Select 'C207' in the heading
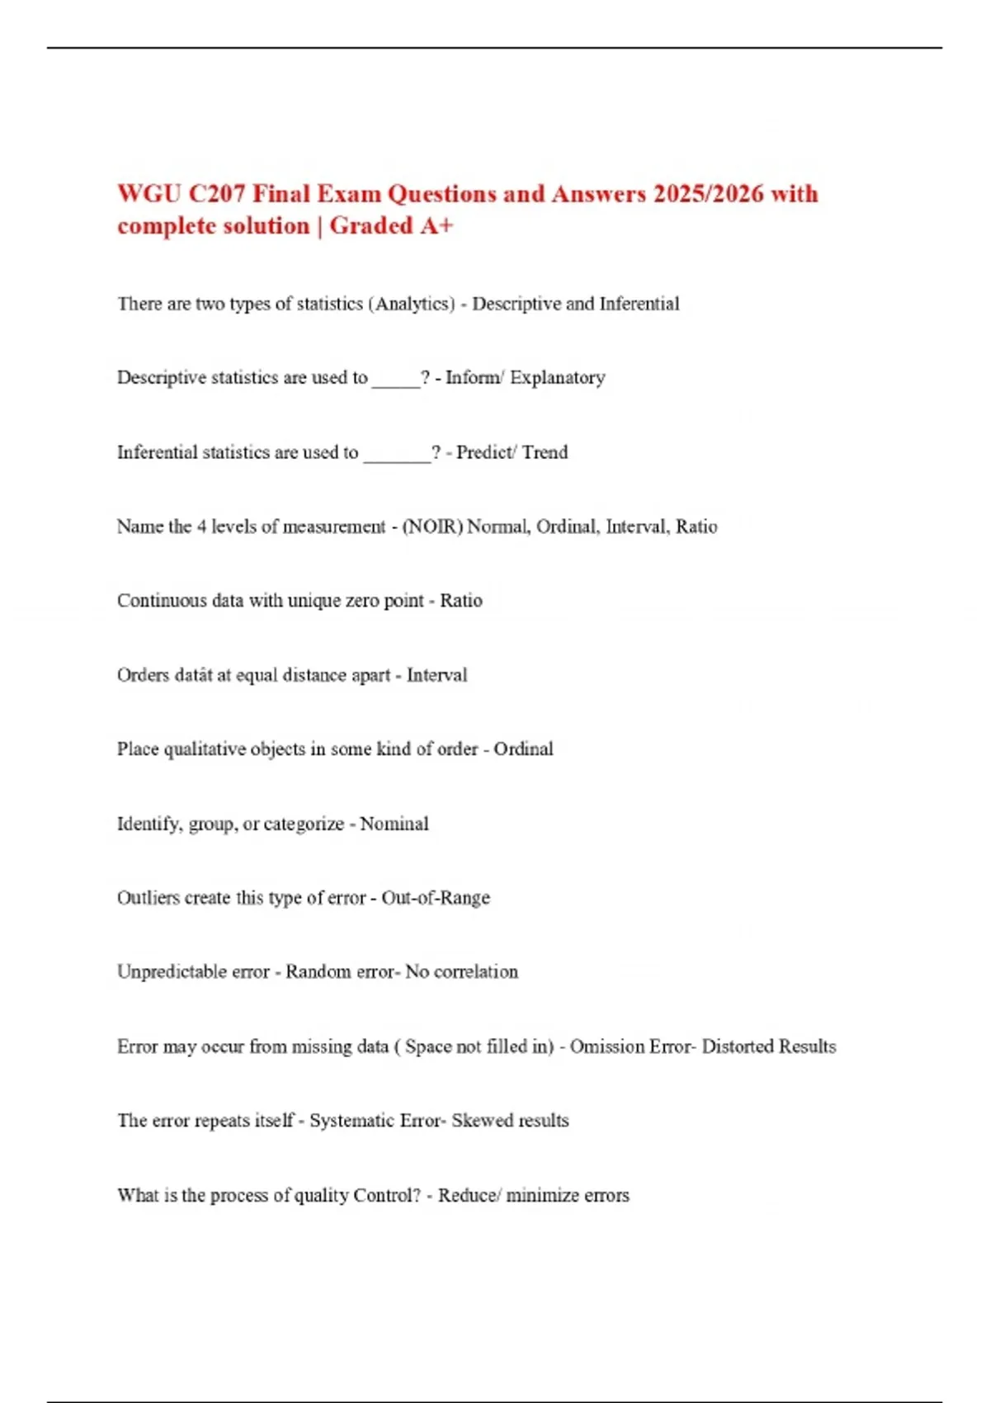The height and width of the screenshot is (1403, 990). [x=217, y=194]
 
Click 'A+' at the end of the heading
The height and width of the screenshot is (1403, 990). [x=436, y=226]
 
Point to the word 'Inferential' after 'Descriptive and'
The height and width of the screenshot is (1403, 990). [x=639, y=304]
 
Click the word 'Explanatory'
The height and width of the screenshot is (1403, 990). [x=558, y=378]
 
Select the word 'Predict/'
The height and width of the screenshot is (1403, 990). [x=486, y=452]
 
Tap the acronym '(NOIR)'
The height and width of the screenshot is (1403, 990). [x=432, y=527]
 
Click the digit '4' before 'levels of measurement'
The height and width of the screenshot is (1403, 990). [x=202, y=527]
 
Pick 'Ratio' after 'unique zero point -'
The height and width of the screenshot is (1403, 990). [x=461, y=601]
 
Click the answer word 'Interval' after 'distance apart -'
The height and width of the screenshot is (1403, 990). [x=436, y=675]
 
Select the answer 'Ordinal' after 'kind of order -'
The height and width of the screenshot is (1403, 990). [x=523, y=749]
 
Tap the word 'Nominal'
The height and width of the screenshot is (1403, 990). [x=394, y=824]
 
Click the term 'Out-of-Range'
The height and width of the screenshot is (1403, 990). [x=436, y=898]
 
